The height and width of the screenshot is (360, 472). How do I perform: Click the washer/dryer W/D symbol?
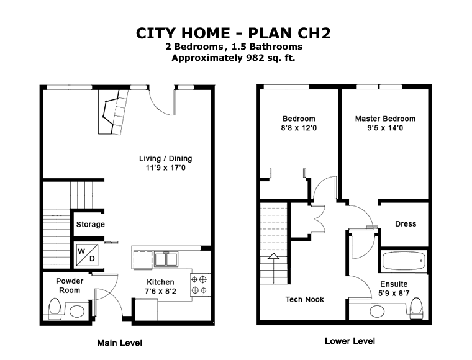[87, 254]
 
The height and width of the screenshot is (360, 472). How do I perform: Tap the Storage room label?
[90, 224]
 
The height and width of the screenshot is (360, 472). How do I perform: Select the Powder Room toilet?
[55, 308]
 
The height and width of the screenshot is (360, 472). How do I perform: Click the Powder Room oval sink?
[77, 312]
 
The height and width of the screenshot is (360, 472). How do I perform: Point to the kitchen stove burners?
[199, 285]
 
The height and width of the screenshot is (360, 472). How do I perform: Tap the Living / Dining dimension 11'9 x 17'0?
[166, 168]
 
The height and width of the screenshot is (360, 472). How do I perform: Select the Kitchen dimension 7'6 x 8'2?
[160, 291]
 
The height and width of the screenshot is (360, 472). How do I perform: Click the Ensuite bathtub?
[404, 261]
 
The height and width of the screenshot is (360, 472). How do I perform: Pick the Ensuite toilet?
[417, 308]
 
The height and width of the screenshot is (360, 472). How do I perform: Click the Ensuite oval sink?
[377, 311]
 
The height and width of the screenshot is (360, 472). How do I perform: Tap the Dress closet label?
[406, 224]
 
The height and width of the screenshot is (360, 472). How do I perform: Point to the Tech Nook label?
[305, 299]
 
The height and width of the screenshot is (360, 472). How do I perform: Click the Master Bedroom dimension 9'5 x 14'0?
[385, 128]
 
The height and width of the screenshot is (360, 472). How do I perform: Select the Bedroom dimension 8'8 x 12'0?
[299, 128]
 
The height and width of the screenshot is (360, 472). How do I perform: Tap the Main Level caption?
[119, 343]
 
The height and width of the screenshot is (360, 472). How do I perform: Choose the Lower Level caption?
[350, 341]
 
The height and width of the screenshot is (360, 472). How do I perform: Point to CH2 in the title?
[314, 33]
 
